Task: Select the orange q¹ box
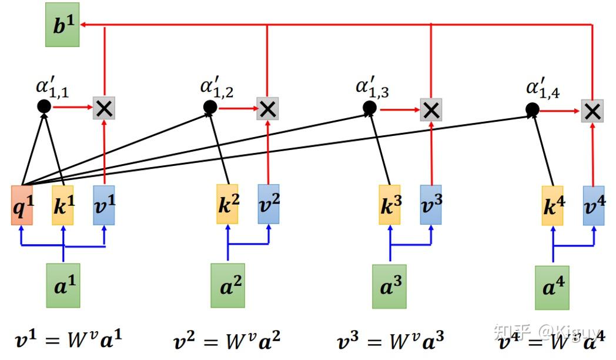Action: point(22,205)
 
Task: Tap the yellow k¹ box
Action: point(63,205)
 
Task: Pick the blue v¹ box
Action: point(104,205)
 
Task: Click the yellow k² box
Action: point(227,204)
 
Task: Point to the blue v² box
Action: point(269,204)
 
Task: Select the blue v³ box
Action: point(431,205)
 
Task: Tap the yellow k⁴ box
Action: point(552,206)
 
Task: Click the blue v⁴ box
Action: point(593,205)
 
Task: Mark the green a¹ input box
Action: point(63,285)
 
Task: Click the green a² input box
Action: point(227,285)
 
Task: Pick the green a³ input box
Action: point(389,286)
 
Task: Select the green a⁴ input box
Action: point(552,288)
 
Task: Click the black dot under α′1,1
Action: point(43,106)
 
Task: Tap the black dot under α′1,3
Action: point(369,108)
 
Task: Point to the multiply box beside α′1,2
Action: point(267,109)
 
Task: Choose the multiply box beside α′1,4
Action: point(592,111)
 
